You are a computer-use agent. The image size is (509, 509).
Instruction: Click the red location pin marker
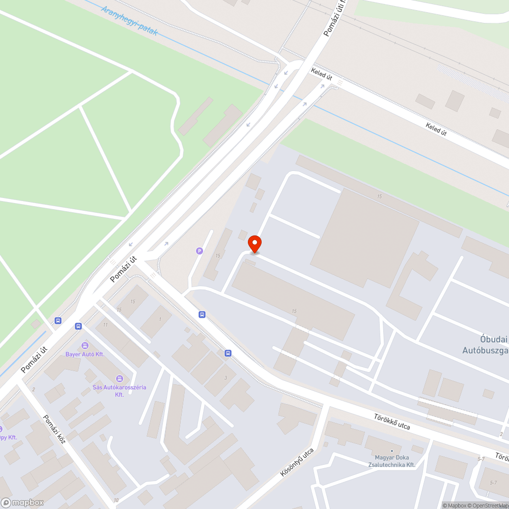click(254, 243)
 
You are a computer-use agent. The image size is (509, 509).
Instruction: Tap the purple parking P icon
click(200, 250)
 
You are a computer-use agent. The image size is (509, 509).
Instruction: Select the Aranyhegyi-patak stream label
click(129, 20)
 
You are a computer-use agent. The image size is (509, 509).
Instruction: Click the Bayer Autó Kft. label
click(85, 354)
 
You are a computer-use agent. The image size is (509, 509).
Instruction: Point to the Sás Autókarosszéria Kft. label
click(119, 390)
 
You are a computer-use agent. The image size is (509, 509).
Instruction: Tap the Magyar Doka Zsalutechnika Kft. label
click(391, 461)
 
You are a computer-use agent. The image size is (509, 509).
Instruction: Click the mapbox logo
click(22, 502)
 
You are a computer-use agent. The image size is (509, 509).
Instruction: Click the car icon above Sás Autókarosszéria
click(119, 378)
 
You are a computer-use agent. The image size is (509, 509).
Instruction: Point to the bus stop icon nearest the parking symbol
click(202, 314)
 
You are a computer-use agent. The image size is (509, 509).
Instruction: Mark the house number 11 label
click(105, 325)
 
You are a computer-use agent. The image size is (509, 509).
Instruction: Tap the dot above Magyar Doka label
click(391, 451)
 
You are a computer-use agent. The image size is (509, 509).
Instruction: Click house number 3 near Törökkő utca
click(225, 377)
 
